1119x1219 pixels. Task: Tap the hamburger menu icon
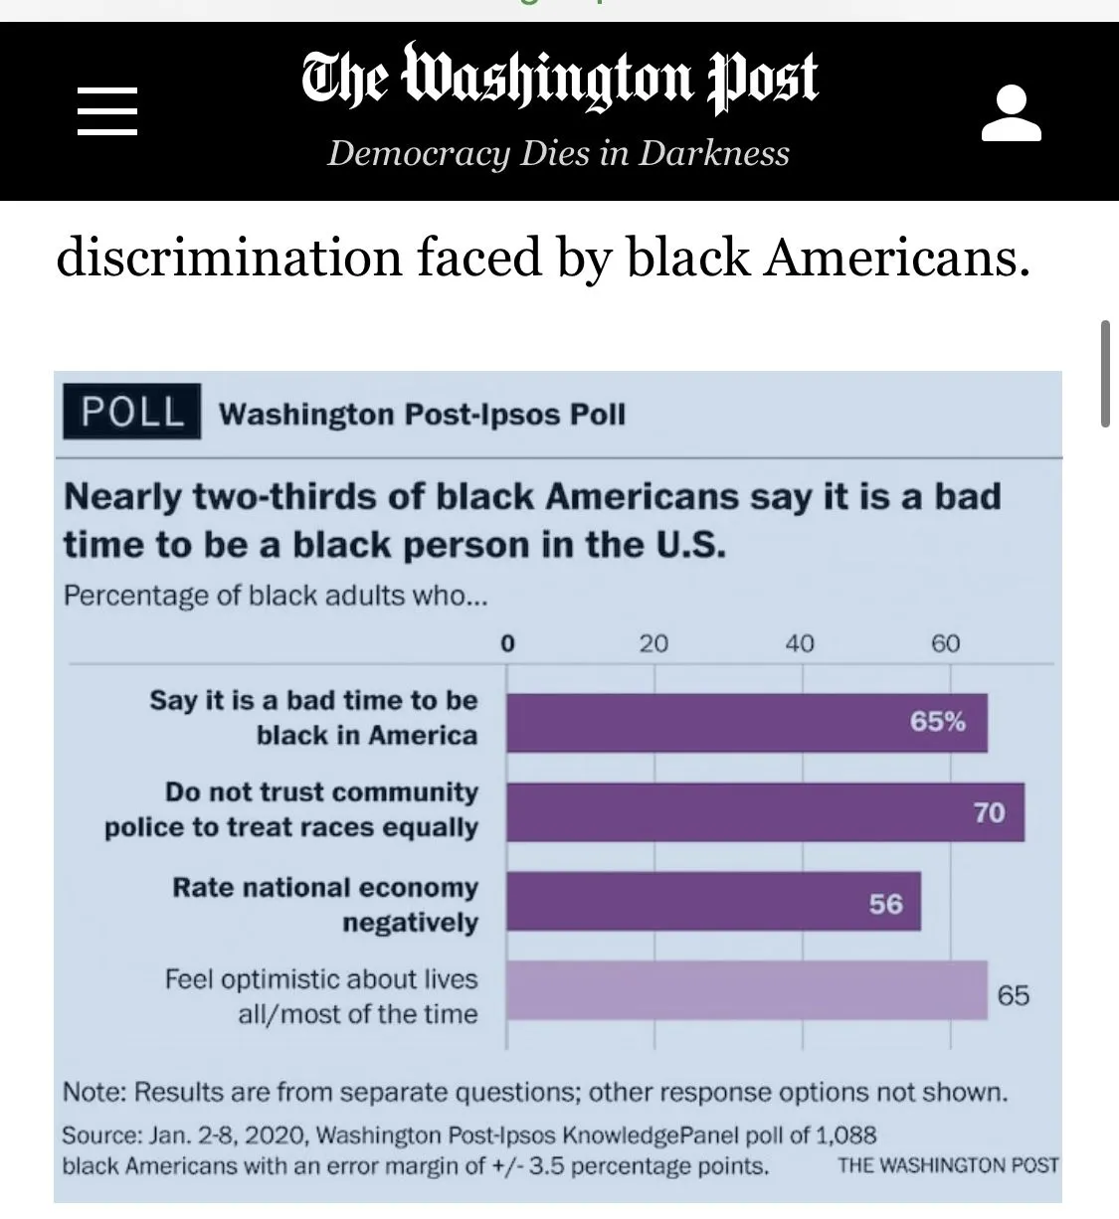coord(107,110)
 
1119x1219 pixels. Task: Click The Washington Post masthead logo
coord(559,77)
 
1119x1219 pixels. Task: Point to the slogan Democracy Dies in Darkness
coord(558,153)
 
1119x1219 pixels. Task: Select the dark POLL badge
coord(131,412)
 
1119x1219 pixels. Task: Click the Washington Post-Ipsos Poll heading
coord(422,414)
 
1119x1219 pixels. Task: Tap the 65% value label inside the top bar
coord(937,721)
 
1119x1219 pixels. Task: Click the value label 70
coord(989,812)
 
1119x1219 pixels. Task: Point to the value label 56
coord(885,904)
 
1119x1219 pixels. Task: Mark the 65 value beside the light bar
coord(1013,994)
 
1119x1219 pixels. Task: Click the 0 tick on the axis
coord(507,643)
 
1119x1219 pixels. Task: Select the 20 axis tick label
coord(653,643)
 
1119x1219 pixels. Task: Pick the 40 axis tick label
coord(800,643)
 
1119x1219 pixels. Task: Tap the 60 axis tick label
coord(946,643)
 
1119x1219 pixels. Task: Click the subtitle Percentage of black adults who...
coord(276,596)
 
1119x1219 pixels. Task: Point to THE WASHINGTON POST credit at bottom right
coord(948,1164)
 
